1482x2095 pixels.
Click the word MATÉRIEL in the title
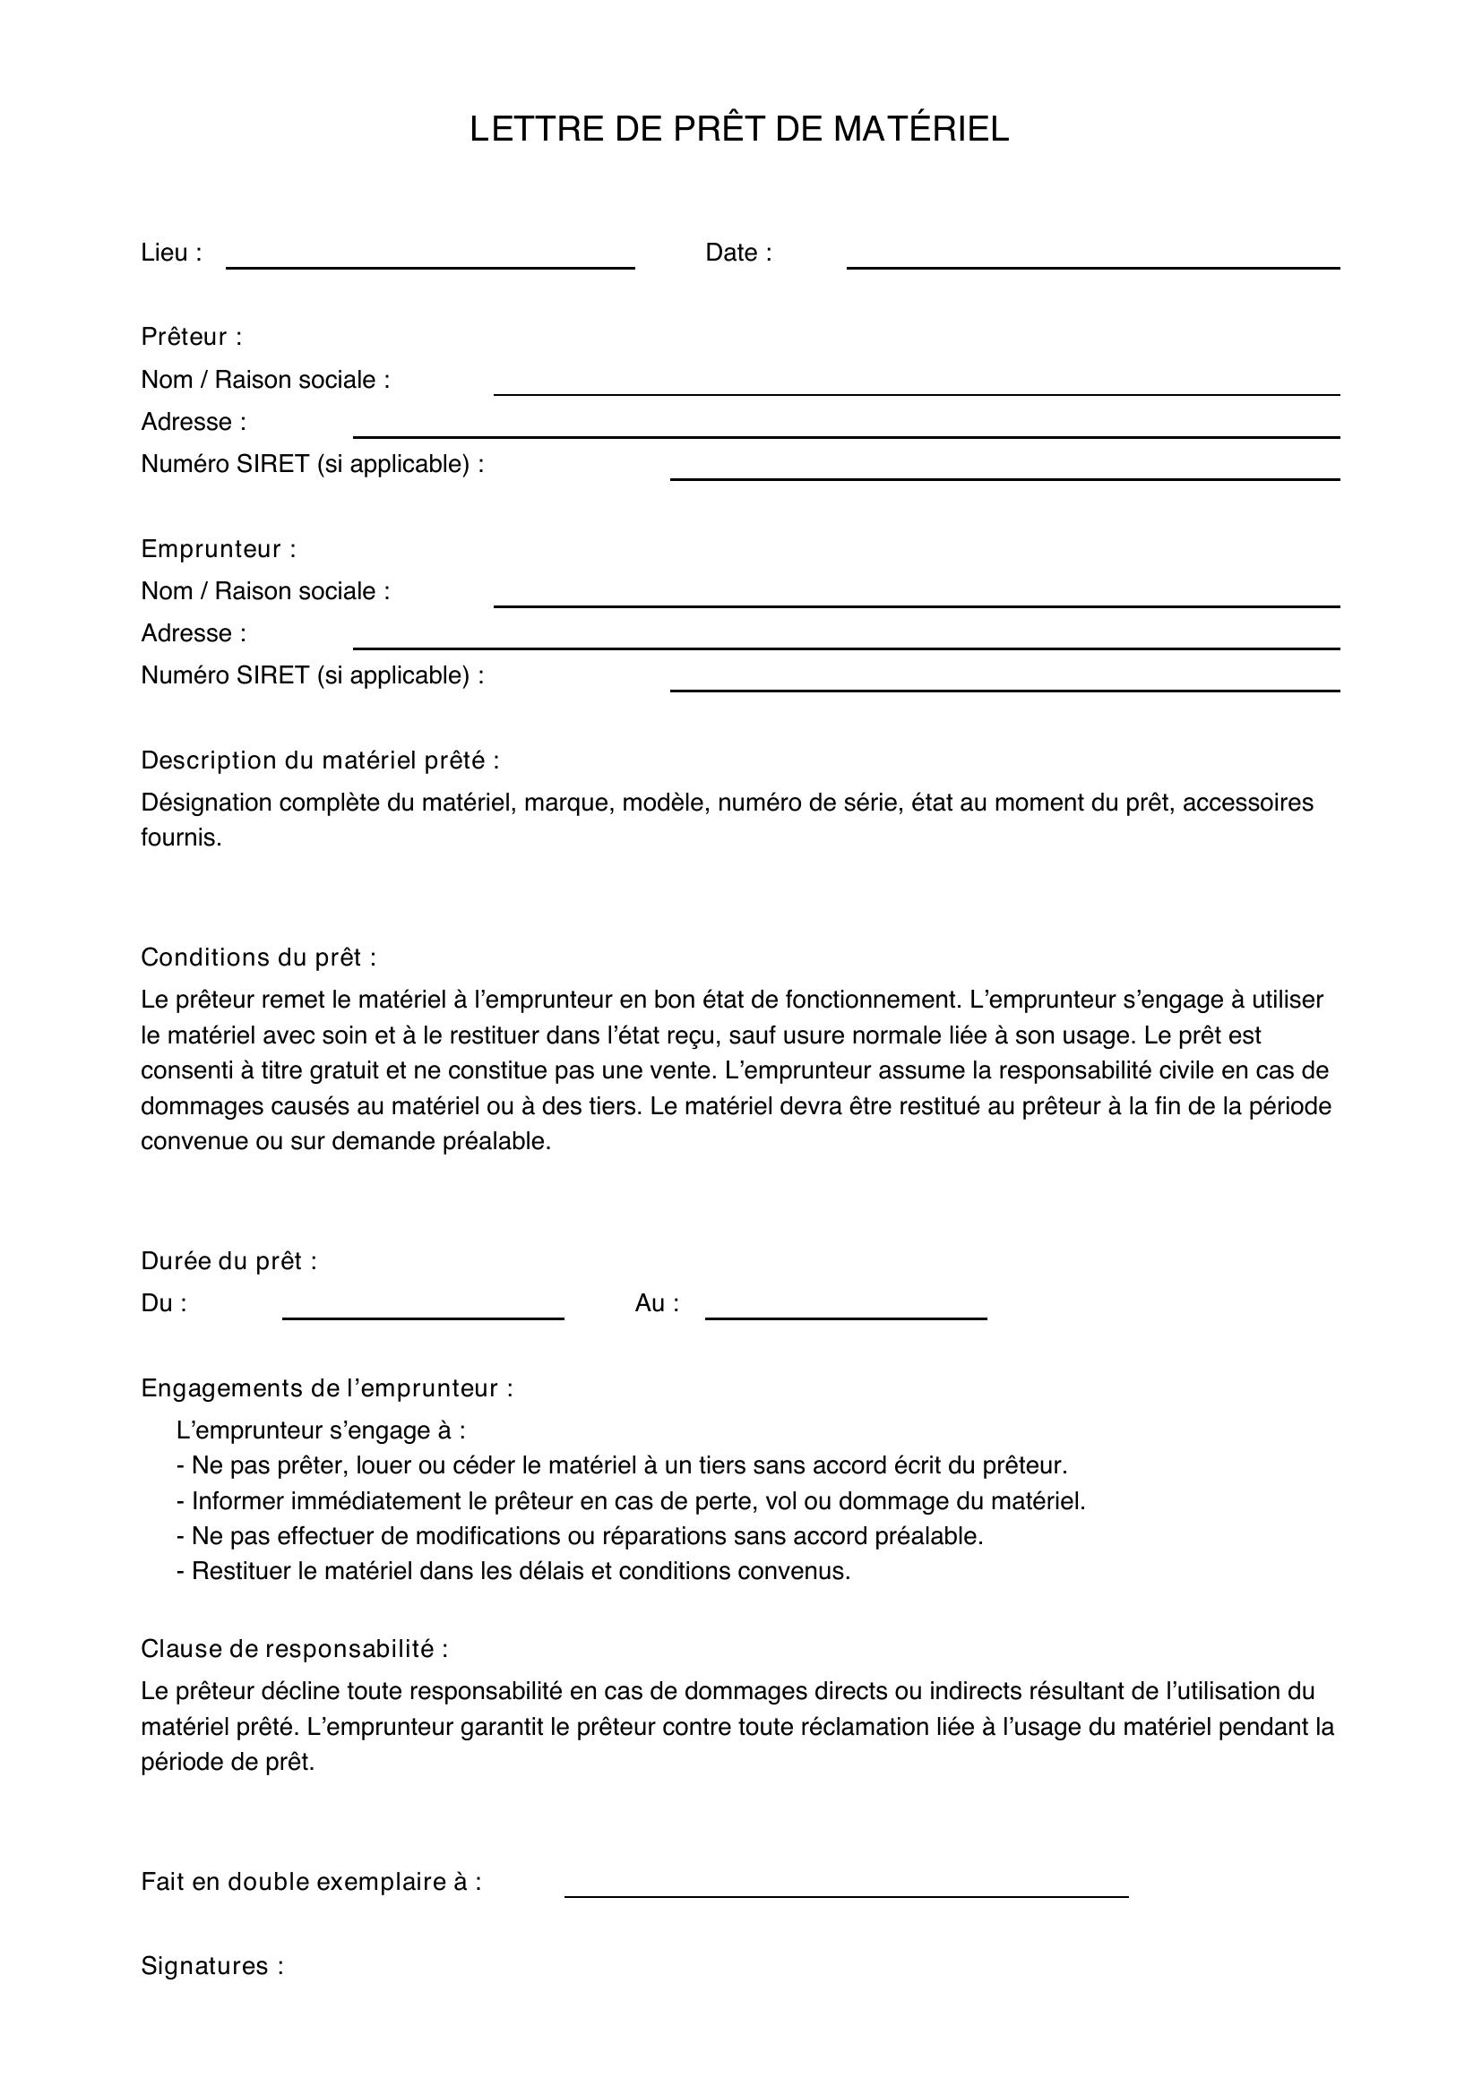(921, 130)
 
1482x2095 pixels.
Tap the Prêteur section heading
(192, 337)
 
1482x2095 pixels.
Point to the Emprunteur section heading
(218, 548)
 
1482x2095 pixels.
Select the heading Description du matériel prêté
(320, 760)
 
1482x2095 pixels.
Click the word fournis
(181, 837)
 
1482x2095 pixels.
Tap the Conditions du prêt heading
(258, 957)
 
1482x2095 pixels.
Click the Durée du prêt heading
(229, 1260)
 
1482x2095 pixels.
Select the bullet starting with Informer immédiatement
(631, 1501)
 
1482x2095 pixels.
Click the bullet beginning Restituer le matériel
(513, 1571)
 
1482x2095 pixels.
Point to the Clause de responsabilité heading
(294, 1649)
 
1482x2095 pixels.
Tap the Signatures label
(211, 1965)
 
